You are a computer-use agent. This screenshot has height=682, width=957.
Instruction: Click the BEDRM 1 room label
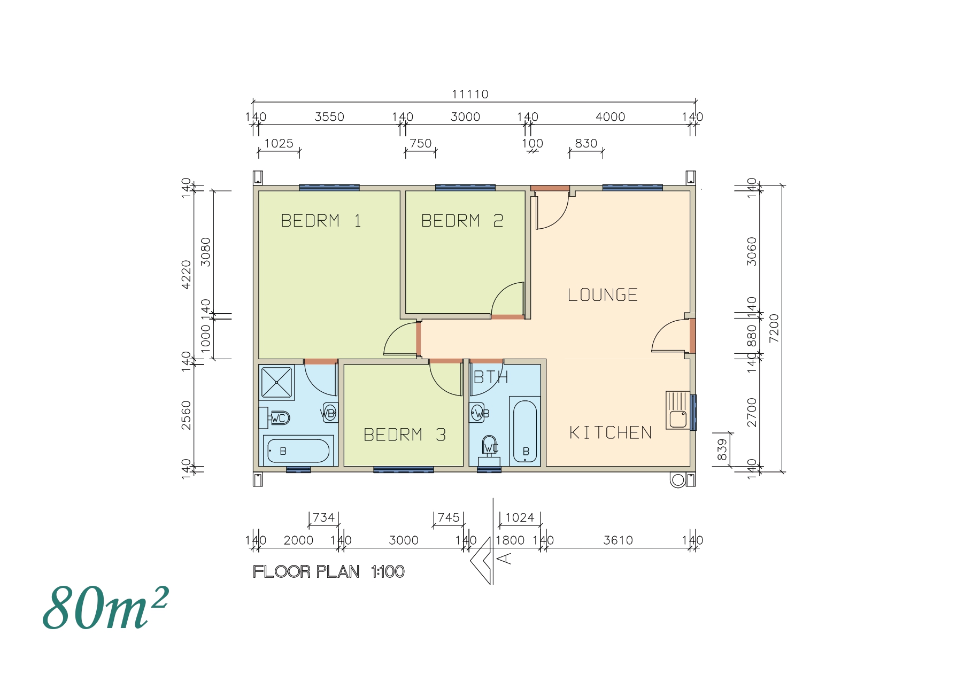point(321,221)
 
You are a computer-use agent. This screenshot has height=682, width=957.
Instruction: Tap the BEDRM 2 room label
point(462,221)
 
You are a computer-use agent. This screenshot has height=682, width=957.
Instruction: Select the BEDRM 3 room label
point(404,435)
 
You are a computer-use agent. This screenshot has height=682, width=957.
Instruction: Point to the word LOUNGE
point(603,295)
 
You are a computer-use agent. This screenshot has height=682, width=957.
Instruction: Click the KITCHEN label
point(611,432)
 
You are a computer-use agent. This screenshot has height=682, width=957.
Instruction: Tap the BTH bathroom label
point(490,377)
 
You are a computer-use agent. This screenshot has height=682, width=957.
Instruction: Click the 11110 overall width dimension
point(470,95)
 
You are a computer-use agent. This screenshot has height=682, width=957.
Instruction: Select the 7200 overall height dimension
point(774,328)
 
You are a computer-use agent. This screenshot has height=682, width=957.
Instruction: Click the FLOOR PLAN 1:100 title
point(328,572)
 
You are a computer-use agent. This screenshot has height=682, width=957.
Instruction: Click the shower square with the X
point(276,382)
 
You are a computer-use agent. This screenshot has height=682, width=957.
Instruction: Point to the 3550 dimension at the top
point(329,117)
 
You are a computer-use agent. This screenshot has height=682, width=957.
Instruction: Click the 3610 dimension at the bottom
point(618,540)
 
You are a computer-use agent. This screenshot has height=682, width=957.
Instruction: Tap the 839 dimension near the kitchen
point(722,449)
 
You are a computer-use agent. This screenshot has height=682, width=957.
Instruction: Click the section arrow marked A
point(484,560)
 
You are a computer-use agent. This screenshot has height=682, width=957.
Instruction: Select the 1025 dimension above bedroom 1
point(279,143)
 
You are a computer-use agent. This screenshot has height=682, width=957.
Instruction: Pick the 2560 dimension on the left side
point(186,415)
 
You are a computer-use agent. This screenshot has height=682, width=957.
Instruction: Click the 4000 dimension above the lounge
point(610,117)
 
